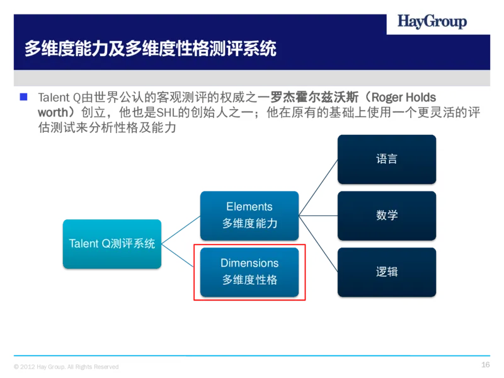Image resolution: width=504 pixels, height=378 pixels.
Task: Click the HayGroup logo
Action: point(432,22)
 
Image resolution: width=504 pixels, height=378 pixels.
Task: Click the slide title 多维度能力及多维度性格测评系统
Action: point(150,49)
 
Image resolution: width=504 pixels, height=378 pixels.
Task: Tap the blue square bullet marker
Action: point(24,97)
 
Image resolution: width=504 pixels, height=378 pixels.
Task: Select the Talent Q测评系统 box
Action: point(112,243)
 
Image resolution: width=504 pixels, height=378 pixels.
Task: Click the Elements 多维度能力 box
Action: point(249,215)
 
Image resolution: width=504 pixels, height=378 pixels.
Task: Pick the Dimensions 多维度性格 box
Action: point(249,272)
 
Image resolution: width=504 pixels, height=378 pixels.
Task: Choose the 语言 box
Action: point(387,159)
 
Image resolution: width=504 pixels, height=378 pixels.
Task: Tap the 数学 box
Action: point(387,215)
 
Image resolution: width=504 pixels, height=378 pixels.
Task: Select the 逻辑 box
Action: point(387,272)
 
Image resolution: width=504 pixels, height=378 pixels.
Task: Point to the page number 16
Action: point(485,365)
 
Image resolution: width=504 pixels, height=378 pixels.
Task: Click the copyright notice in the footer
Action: point(66,367)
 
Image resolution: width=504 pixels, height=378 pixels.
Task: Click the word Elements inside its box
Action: point(249,207)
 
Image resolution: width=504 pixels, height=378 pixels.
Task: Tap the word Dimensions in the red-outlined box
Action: point(249,263)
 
